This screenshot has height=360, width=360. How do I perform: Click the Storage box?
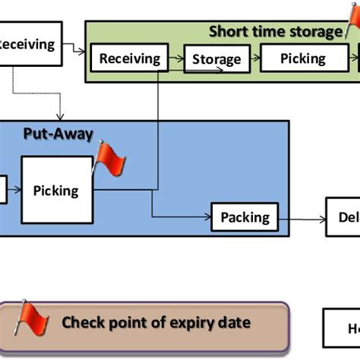(x=216, y=58)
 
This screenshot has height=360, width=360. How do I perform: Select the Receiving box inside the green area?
(x=130, y=58)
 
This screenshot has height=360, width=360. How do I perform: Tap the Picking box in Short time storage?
(x=303, y=58)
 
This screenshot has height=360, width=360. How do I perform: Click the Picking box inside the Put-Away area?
(x=55, y=190)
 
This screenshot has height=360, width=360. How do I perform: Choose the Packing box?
(x=245, y=217)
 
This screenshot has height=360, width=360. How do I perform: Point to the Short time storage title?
(x=275, y=31)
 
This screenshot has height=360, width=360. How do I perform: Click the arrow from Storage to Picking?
(x=254, y=58)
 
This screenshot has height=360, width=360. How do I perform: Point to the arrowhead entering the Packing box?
(x=207, y=217)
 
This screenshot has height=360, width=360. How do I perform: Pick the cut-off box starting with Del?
(x=343, y=218)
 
